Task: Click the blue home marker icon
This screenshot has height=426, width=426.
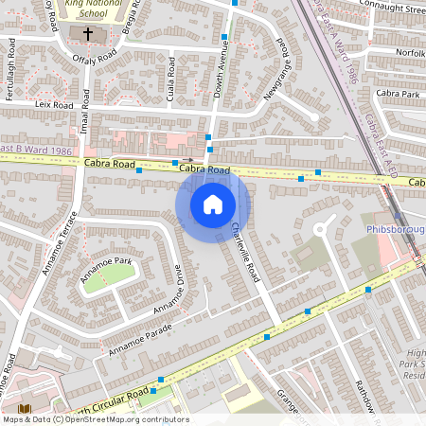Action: pyautogui.click(x=213, y=204)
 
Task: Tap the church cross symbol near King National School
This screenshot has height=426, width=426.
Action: pyautogui.click(x=88, y=34)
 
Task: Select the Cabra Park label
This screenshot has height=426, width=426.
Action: pyautogui.click(x=397, y=94)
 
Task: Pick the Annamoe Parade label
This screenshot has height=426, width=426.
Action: pyautogui.click(x=140, y=338)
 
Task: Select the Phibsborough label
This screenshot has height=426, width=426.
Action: pyautogui.click(x=394, y=230)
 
